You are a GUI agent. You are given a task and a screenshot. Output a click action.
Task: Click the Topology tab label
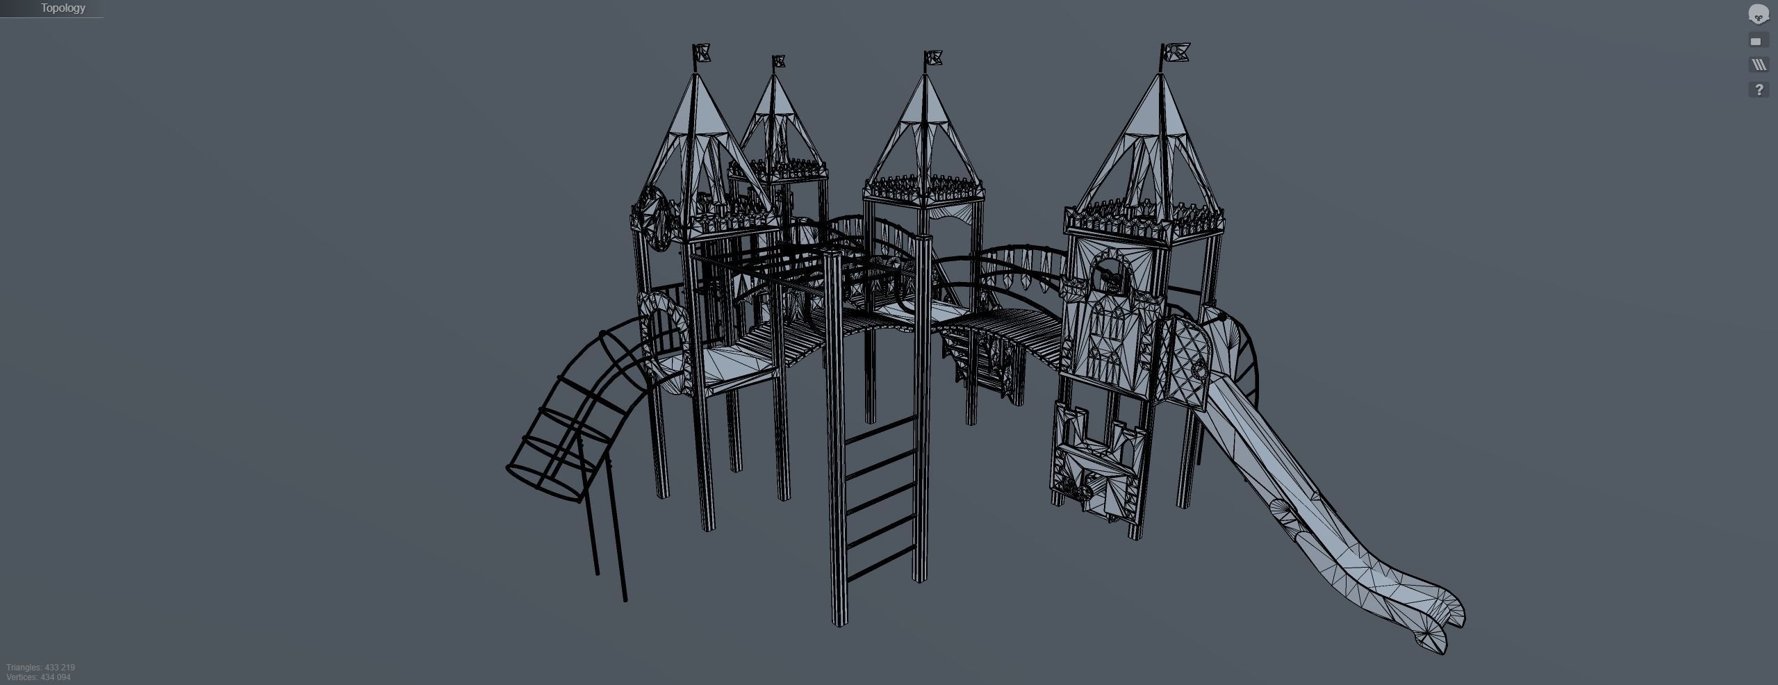tap(63, 8)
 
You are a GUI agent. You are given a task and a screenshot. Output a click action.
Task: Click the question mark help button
tap(1759, 90)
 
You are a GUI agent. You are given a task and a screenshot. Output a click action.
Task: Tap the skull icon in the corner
tap(1759, 14)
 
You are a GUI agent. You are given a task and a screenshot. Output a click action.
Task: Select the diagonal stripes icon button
tap(1759, 65)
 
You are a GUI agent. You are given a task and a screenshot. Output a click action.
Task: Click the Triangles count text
tap(40, 668)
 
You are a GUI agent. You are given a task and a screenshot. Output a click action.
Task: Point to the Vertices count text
tap(38, 677)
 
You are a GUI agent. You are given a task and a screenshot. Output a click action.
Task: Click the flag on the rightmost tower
tap(1177, 51)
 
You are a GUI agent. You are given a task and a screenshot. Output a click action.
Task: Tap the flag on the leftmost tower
tap(702, 53)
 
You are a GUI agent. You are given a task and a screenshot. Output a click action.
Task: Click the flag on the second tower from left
tap(779, 61)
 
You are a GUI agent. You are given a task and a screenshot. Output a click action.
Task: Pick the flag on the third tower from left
tap(933, 57)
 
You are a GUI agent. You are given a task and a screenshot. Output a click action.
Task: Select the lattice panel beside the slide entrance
tap(1190, 361)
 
